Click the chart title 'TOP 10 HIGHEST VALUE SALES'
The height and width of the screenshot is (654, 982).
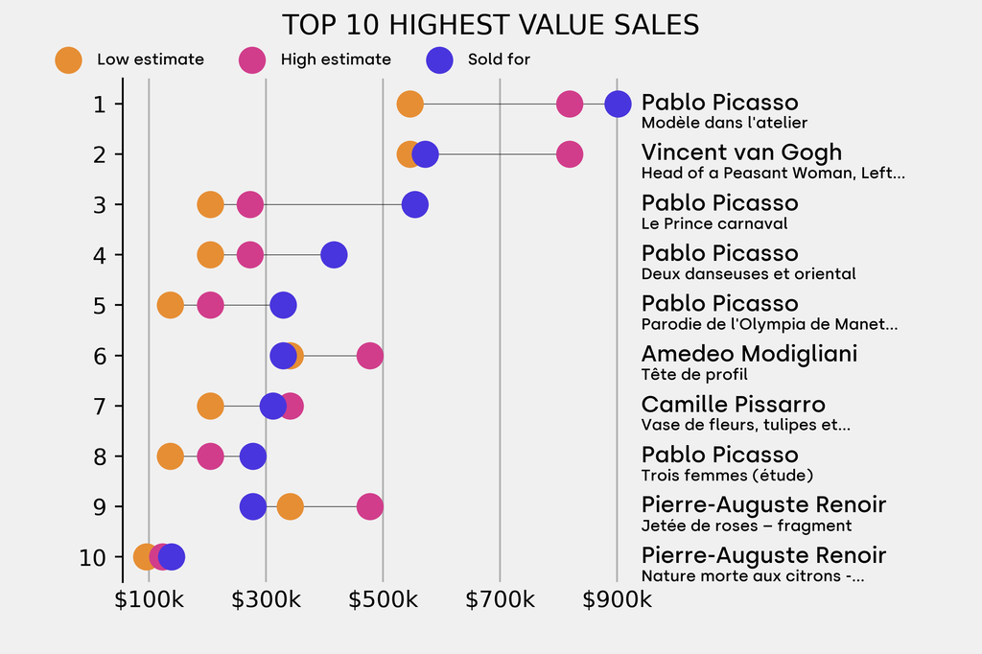(x=490, y=25)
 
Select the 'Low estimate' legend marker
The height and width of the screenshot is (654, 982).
(x=68, y=59)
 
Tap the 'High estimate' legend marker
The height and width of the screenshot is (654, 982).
(x=252, y=59)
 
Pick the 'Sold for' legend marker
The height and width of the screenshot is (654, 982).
(x=439, y=59)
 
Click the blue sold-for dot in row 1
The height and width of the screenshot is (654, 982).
(x=618, y=104)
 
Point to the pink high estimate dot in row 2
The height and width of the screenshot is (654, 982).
(x=570, y=154)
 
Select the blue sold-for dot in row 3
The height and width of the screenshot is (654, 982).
(x=415, y=204)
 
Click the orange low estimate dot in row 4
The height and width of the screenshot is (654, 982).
(x=210, y=255)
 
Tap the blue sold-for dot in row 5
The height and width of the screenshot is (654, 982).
(x=283, y=306)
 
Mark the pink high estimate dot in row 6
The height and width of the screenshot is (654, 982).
(x=370, y=356)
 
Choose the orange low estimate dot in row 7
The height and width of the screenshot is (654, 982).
(x=210, y=407)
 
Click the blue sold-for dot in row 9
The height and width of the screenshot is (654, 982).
(x=252, y=506)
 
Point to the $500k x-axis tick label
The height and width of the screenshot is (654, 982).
(x=383, y=600)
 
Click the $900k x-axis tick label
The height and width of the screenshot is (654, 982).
(x=617, y=600)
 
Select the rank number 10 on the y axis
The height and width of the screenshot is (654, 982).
(x=93, y=557)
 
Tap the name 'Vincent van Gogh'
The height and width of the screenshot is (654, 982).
(x=741, y=152)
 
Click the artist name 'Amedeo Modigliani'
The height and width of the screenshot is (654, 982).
(x=749, y=354)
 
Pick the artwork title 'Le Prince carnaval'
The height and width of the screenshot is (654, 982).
(x=714, y=223)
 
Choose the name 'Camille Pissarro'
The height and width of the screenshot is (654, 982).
(x=733, y=405)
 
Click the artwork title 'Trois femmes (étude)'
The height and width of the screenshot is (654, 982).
(x=727, y=475)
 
